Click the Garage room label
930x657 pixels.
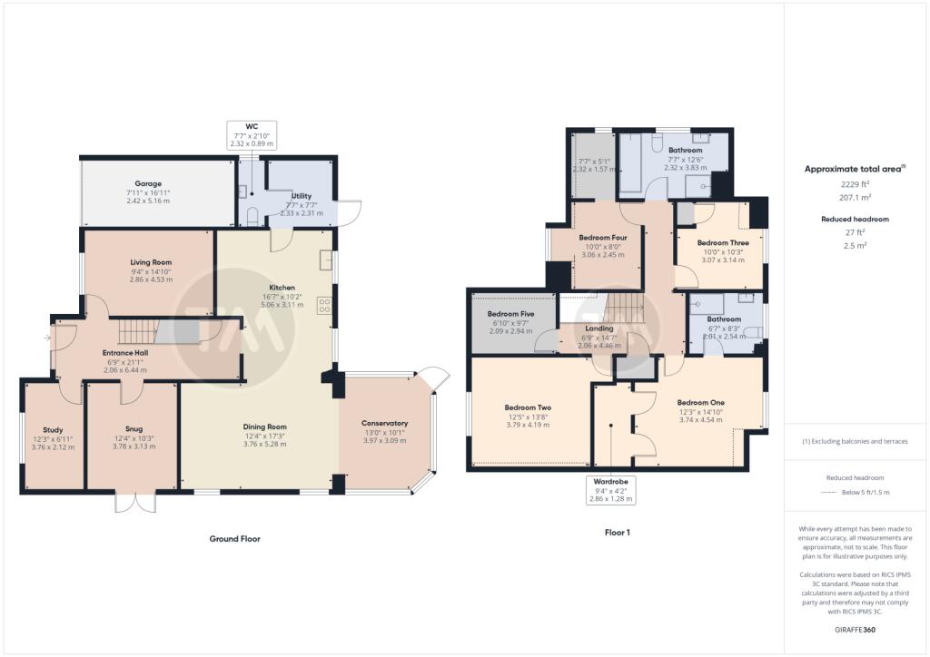148,183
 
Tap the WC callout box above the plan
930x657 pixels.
252,135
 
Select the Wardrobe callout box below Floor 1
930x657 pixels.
610,490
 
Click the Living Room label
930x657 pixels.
151,262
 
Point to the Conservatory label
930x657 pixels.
384,423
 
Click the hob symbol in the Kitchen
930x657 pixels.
324,306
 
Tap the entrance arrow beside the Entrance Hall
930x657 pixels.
47,338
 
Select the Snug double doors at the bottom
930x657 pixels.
135,501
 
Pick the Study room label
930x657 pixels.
53,430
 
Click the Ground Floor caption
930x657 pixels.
235,538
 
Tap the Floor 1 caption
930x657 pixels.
618,532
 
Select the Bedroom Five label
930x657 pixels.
510,314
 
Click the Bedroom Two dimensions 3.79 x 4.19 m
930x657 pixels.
528,425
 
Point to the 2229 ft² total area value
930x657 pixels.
855,184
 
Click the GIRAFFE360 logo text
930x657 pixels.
855,630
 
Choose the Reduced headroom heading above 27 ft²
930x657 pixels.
855,220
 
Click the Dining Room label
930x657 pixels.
264,427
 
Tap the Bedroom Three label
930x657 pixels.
723,243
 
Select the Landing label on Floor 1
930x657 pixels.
599,328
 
